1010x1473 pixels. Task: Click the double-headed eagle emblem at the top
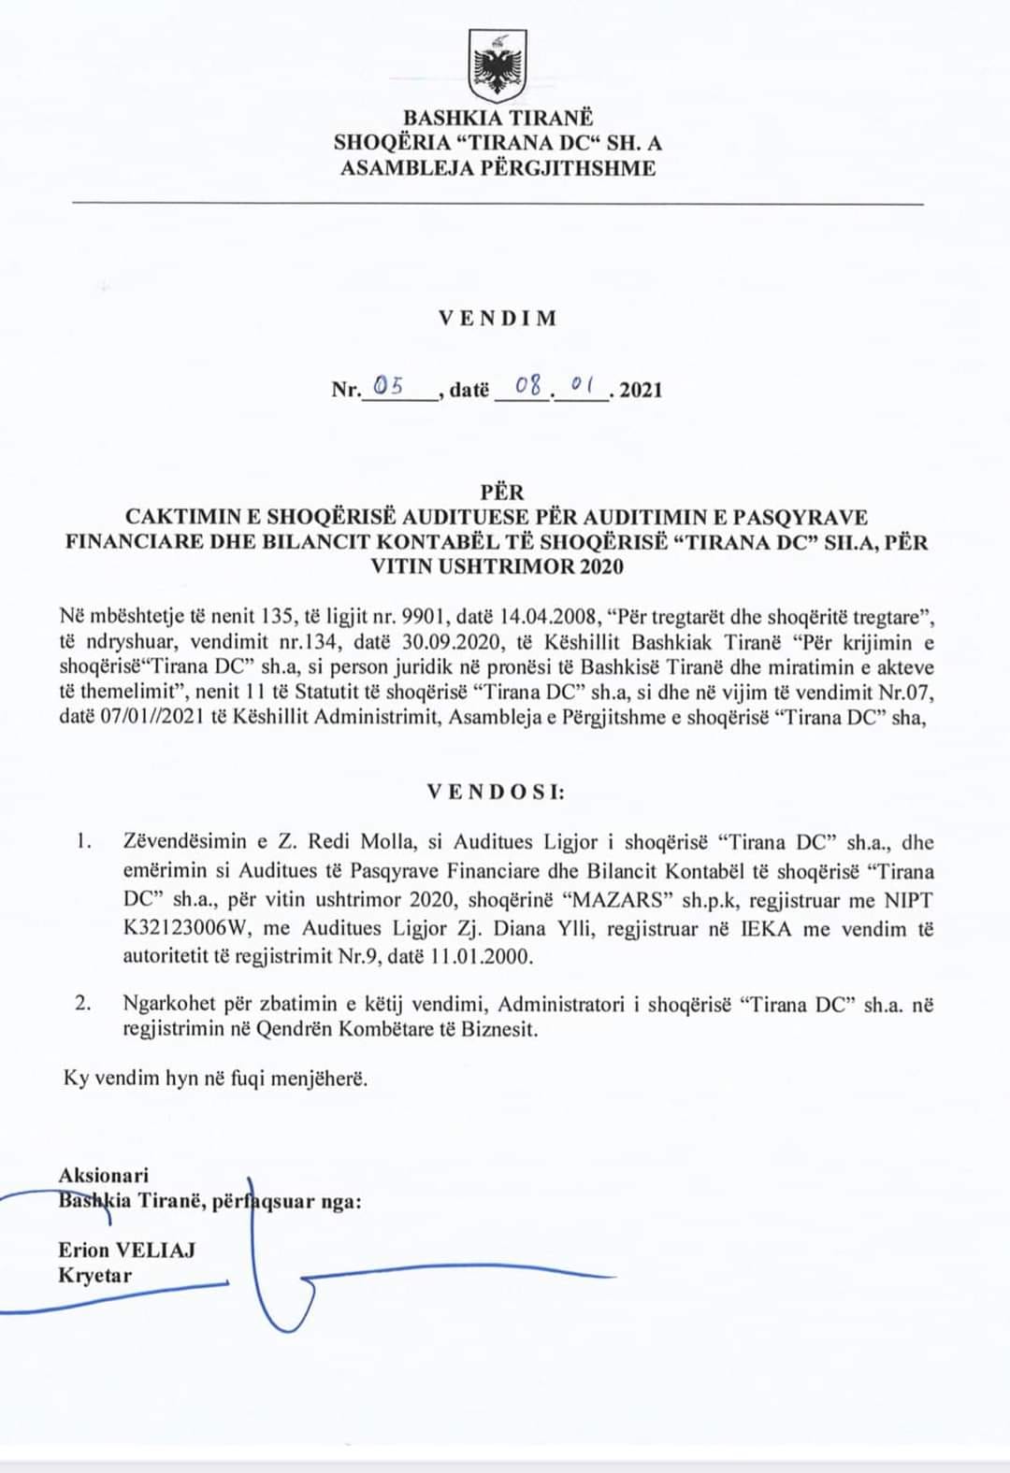tap(498, 66)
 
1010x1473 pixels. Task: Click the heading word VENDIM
tap(498, 318)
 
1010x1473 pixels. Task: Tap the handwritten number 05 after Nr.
tap(387, 385)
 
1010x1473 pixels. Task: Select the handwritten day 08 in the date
tap(528, 385)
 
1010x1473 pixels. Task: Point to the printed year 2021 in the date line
tap(641, 390)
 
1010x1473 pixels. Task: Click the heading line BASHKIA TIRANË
tap(498, 118)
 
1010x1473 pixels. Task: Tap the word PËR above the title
tap(502, 492)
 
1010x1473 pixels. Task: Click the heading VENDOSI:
tap(497, 793)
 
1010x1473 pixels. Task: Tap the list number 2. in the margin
tap(83, 1004)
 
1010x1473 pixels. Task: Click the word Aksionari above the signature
tap(103, 1176)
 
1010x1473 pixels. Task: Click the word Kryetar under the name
tap(94, 1276)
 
